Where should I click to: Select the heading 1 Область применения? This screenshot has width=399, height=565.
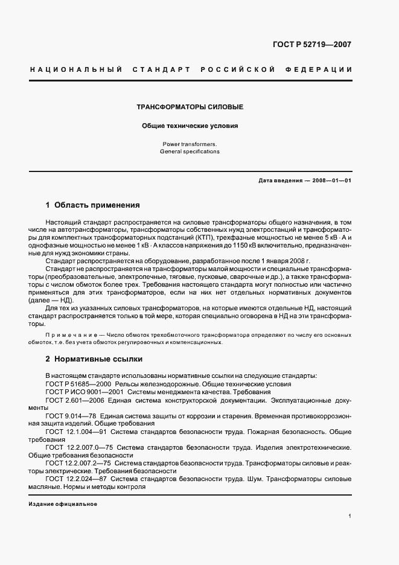[93, 205]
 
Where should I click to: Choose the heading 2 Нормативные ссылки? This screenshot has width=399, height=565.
[94, 359]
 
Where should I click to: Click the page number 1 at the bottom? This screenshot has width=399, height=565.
[350, 517]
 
